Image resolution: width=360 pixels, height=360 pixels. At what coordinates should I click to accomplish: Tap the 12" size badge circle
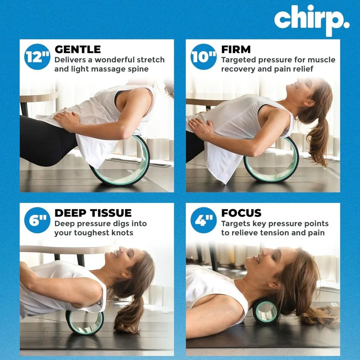click(37, 57)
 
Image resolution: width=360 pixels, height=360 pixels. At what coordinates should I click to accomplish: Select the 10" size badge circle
click(204, 57)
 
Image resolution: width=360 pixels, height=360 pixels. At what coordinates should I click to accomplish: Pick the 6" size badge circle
click(37, 220)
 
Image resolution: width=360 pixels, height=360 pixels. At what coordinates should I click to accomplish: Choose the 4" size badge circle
click(204, 220)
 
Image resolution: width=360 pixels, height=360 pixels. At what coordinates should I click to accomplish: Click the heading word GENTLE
click(77, 49)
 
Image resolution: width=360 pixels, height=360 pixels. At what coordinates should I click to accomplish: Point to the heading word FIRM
click(236, 49)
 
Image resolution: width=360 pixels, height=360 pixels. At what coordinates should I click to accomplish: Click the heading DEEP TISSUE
click(93, 213)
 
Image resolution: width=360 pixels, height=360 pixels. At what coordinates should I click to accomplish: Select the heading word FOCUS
click(241, 213)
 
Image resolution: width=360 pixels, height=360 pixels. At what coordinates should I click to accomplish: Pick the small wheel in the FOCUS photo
click(265, 310)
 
